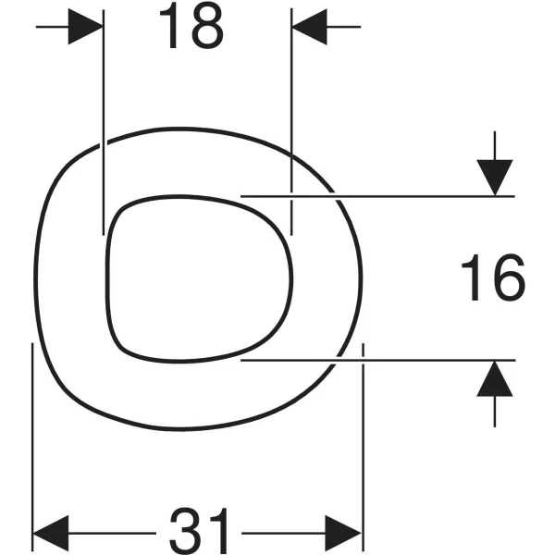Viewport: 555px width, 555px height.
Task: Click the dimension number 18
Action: [x=191, y=26]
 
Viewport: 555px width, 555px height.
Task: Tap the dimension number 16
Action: [x=493, y=277]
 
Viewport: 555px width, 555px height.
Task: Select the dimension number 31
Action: [x=199, y=531]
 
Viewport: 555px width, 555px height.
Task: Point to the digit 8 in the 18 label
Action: [x=208, y=26]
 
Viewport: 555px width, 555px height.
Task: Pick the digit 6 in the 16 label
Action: [x=510, y=277]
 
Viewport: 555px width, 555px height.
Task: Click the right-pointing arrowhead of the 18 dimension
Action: [x=86, y=27]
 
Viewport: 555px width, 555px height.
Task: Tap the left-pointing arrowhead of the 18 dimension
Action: [x=309, y=27]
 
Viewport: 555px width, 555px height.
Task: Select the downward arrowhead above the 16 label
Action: [x=495, y=178]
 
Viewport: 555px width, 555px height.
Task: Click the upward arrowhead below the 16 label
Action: [x=495, y=378]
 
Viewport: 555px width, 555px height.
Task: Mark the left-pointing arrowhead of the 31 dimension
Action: [x=50, y=533]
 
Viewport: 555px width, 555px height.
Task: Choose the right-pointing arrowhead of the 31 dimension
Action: [x=343, y=533]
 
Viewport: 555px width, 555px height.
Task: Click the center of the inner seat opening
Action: [x=199, y=278]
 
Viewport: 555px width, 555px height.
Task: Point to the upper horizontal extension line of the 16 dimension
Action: [x=377, y=196]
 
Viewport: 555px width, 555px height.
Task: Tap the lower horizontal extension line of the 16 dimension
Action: [x=378, y=360]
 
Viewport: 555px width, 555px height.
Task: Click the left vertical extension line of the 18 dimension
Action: [x=104, y=122]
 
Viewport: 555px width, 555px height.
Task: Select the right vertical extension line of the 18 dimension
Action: [x=291, y=121]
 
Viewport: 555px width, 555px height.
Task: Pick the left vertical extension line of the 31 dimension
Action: [x=32, y=447]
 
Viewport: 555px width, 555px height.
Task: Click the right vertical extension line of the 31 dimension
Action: [x=363, y=447]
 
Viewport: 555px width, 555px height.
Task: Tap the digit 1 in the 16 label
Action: [x=473, y=277]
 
